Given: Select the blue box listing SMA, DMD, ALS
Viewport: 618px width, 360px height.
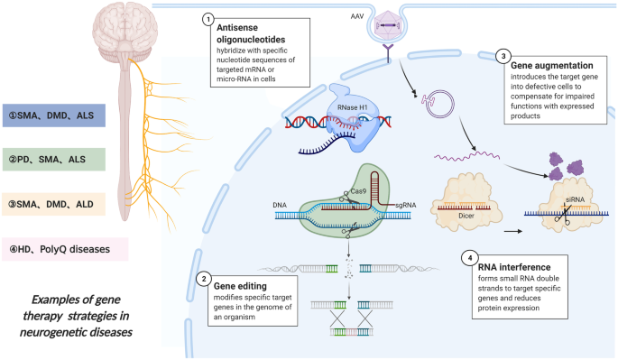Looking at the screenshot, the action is [x=54, y=115].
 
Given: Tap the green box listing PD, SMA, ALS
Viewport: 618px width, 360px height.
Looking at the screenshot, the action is [x=54, y=160].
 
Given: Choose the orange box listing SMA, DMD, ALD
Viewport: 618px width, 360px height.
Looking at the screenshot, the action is [x=54, y=204].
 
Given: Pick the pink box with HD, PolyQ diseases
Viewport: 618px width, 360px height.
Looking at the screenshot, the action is [x=65, y=249].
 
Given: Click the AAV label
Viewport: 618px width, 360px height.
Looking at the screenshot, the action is [x=357, y=16].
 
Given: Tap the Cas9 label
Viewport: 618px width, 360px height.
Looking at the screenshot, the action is [x=359, y=191].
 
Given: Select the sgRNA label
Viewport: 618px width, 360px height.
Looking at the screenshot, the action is [x=406, y=205].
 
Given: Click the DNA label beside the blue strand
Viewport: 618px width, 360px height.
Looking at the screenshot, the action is [x=280, y=205].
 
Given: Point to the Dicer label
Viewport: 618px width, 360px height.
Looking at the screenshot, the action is [x=466, y=216].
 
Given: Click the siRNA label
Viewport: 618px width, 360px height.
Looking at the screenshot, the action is [x=575, y=199].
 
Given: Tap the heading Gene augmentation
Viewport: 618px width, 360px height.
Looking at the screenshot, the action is [x=552, y=66].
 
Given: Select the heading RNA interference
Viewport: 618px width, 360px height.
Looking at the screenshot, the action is [x=514, y=267].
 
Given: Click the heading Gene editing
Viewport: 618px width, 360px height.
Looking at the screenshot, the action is [x=240, y=286].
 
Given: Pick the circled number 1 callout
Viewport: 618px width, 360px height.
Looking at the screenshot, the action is [x=208, y=19].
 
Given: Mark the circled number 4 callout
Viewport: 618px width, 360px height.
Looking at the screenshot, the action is [x=470, y=258].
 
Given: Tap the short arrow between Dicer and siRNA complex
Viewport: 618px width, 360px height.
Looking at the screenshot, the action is [x=513, y=232].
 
